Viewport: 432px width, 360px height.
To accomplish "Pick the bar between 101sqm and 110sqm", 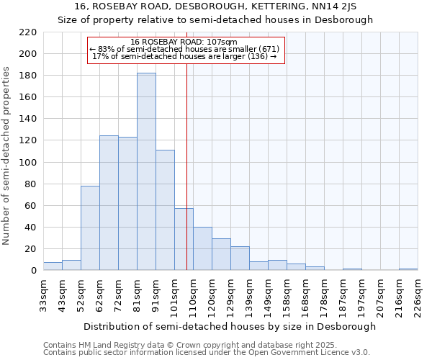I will coord(184,239).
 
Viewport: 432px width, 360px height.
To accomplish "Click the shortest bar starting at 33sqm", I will coord(53,266).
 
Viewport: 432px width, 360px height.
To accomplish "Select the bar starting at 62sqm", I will coord(109,203).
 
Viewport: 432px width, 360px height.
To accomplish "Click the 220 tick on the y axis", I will coord(28,32).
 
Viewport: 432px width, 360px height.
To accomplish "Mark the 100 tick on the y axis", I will coord(28,163).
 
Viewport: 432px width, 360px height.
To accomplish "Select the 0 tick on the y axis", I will coord(33,271).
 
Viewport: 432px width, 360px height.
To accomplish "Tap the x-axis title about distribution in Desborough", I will coord(230,327).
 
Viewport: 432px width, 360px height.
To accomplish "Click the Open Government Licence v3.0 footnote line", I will coord(207,353).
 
